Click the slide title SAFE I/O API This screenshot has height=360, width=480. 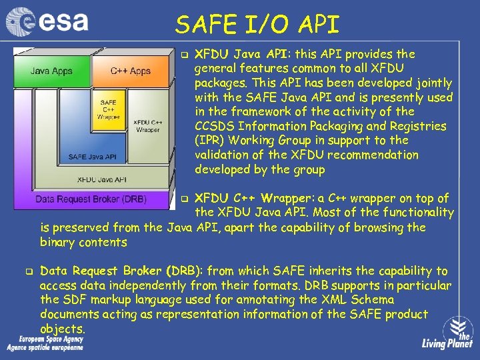click(257, 25)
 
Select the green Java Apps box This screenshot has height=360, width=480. click(51, 70)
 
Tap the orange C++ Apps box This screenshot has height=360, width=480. click(130, 71)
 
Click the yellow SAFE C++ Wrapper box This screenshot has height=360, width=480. click(107, 109)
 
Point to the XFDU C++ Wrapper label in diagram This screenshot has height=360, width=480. click(149, 125)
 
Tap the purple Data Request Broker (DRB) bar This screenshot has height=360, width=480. click(91, 199)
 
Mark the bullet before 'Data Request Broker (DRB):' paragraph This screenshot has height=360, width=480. click(29, 271)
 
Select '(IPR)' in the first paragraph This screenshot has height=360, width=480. click(210, 141)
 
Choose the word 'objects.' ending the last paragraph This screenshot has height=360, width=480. click(63, 329)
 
